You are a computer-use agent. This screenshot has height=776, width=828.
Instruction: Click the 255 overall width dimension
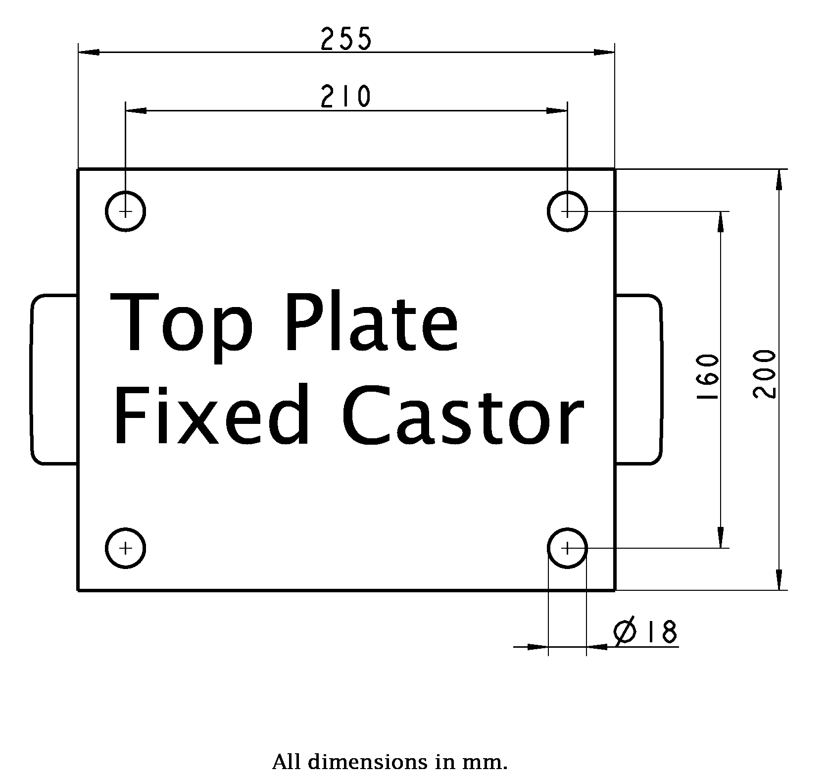point(345,40)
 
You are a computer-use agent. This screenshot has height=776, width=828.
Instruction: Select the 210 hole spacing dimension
point(345,97)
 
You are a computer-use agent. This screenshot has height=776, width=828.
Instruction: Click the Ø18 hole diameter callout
point(645,632)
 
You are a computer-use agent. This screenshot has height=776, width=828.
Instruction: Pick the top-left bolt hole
point(126,211)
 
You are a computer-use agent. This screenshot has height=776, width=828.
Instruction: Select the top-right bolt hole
point(567,211)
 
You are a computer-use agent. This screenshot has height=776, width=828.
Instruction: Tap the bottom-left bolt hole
point(126,548)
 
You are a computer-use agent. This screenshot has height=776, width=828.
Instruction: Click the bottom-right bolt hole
point(567,548)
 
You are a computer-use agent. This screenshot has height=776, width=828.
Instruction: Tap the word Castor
point(462,415)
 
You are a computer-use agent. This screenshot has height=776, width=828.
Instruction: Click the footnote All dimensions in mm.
point(390,762)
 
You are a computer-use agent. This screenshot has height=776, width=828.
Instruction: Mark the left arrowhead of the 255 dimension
point(89,52)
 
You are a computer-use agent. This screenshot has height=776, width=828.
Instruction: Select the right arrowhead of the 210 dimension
point(557,110)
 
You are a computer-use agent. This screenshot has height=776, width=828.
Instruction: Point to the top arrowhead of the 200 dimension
point(779,179)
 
